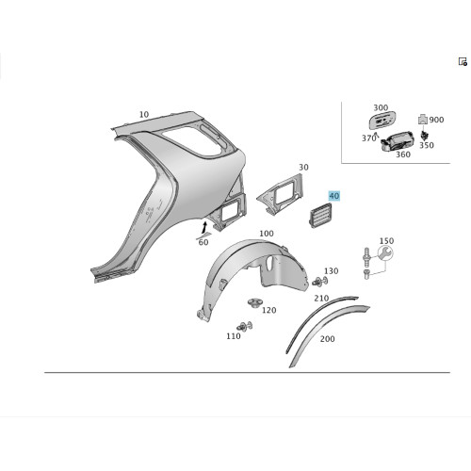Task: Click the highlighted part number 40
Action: pyautogui.click(x=334, y=196)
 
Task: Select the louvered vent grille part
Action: pyautogui.click(x=319, y=215)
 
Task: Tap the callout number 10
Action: pyautogui.click(x=144, y=115)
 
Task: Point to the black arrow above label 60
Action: pyautogui.click(x=204, y=227)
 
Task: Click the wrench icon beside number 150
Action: pyautogui.click(x=385, y=253)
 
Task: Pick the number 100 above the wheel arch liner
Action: pyautogui.click(x=267, y=234)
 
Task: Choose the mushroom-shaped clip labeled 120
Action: pyautogui.click(x=254, y=303)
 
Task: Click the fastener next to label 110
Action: pyautogui.click(x=244, y=326)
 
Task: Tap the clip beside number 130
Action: pyautogui.click(x=320, y=281)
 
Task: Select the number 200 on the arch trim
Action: pyautogui.click(x=327, y=339)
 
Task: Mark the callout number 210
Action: pyautogui.click(x=321, y=298)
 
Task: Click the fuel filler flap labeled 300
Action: pyautogui.click(x=382, y=120)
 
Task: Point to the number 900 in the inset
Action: pyautogui.click(x=436, y=120)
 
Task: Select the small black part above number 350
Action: pyautogui.click(x=425, y=135)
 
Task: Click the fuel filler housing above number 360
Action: pyautogui.click(x=397, y=141)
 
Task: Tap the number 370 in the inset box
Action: pyautogui.click(x=368, y=138)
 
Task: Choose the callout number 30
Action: pyautogui.click(x=303, y=168)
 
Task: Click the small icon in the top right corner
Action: pyautogui.click(x=463, y=61)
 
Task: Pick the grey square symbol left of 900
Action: pyautogui.click(x=423, y=119)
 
